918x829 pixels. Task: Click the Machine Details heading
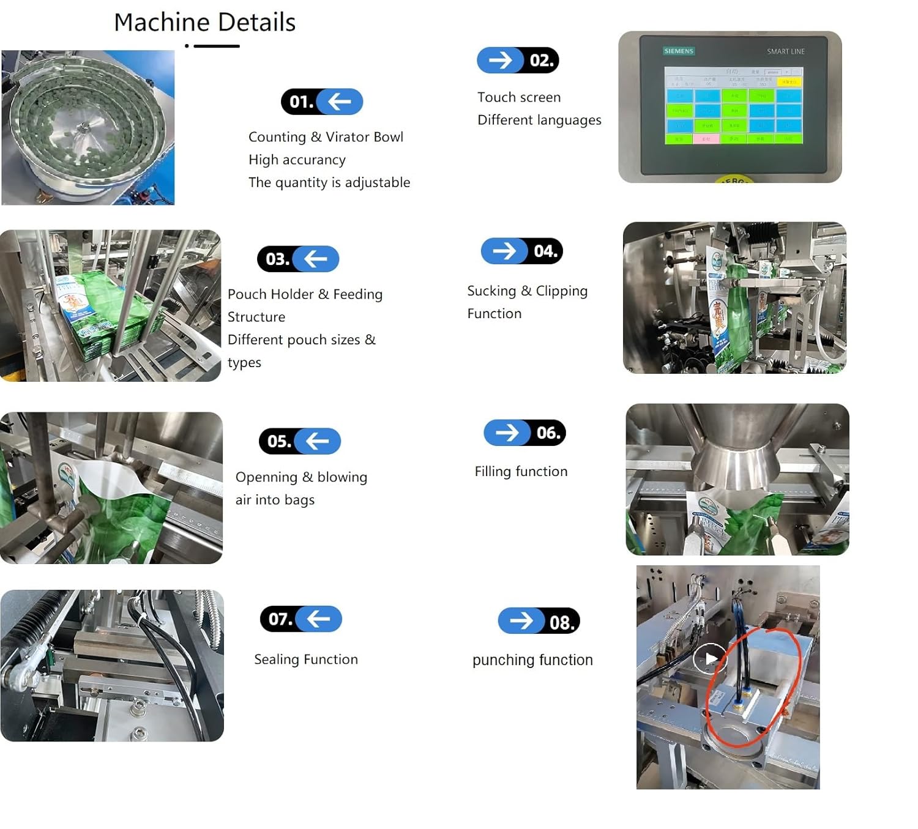tap(204, 23)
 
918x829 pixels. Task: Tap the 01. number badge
tap(301, 102)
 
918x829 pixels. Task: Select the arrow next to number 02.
tap(501, 60)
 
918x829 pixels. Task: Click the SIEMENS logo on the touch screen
tap(679, 51)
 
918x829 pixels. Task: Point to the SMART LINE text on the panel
tap(786, 51)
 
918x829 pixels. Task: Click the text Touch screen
tap(519, 97)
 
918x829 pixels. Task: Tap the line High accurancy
tap(297, 160)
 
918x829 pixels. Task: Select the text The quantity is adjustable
tap(329, 182)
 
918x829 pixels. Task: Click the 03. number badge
tap(277, 259)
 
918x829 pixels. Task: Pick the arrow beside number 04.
tap(505, 251)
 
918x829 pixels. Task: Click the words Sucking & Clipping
tap(527, 291)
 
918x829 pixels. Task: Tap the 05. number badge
tap(279, 441)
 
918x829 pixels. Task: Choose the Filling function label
tap(521, 471)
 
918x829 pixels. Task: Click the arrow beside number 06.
tap(507, 433)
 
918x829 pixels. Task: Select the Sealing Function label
tap(306, 659)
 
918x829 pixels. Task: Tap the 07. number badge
tap(280, 619)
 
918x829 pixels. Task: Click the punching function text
tap(532, 660)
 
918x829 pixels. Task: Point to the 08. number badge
tap(561, 622)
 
